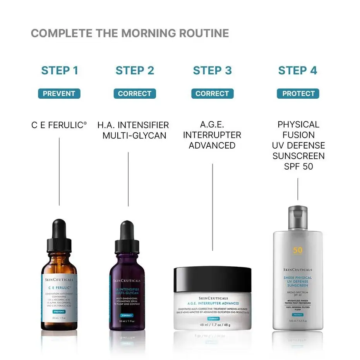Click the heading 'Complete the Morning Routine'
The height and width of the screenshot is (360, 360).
[x=130, y=33]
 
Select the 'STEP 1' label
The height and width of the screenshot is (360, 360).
[x=60, y=70]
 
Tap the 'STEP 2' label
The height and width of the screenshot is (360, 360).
[x=135, y=70]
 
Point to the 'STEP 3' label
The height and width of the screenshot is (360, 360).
[x=212, y=70]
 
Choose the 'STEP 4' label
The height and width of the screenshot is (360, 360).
[x=298, y=70]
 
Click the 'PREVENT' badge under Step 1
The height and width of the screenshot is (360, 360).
[x=59, y=94]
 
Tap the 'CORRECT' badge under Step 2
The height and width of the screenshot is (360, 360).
[x=135, y=94]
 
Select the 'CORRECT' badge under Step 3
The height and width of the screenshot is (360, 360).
[x=212, y=94]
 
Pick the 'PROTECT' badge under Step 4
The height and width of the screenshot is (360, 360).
[x=298, y=94]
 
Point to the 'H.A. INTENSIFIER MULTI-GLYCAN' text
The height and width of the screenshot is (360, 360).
[x=133, y=130]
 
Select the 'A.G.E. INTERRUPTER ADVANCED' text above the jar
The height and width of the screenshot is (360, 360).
[x=212, y=135]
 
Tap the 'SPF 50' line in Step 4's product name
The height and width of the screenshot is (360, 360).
[x=298, y=166]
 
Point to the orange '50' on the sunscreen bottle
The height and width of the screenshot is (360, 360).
[x=298, y=250]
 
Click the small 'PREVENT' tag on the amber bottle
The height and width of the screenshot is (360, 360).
[x=59, y=311]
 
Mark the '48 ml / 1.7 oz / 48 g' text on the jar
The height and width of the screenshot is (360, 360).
[x=212, y=324]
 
